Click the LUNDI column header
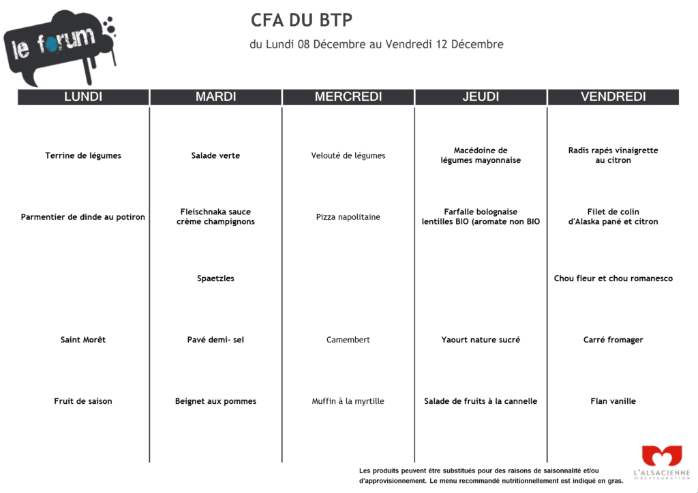click(x=83, y=97)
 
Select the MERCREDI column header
click(x=348, y=97)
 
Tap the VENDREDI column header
click(x=613, y=97)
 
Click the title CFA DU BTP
click(x=301, y=20)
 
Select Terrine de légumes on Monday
click(x=83, y=155)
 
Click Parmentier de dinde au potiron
click(x=83, y=217)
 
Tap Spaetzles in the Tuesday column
click(x=215, y=279)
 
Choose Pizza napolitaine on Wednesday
click(x=348, y=217)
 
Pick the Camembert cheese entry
click(x=348, y=340)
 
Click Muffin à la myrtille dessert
click(x=348, y=401)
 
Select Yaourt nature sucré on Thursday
click(x=481, y=340)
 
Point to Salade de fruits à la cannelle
click(x=481, y=401)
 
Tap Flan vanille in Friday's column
click(x=613, y=401)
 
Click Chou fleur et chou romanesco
click(x=613, y=279)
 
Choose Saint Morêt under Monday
click(x=83, y=340)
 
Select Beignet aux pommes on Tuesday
click(x=215, y=401)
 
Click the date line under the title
click(x=376, y=45)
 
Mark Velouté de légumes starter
click(x=348, y=155)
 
